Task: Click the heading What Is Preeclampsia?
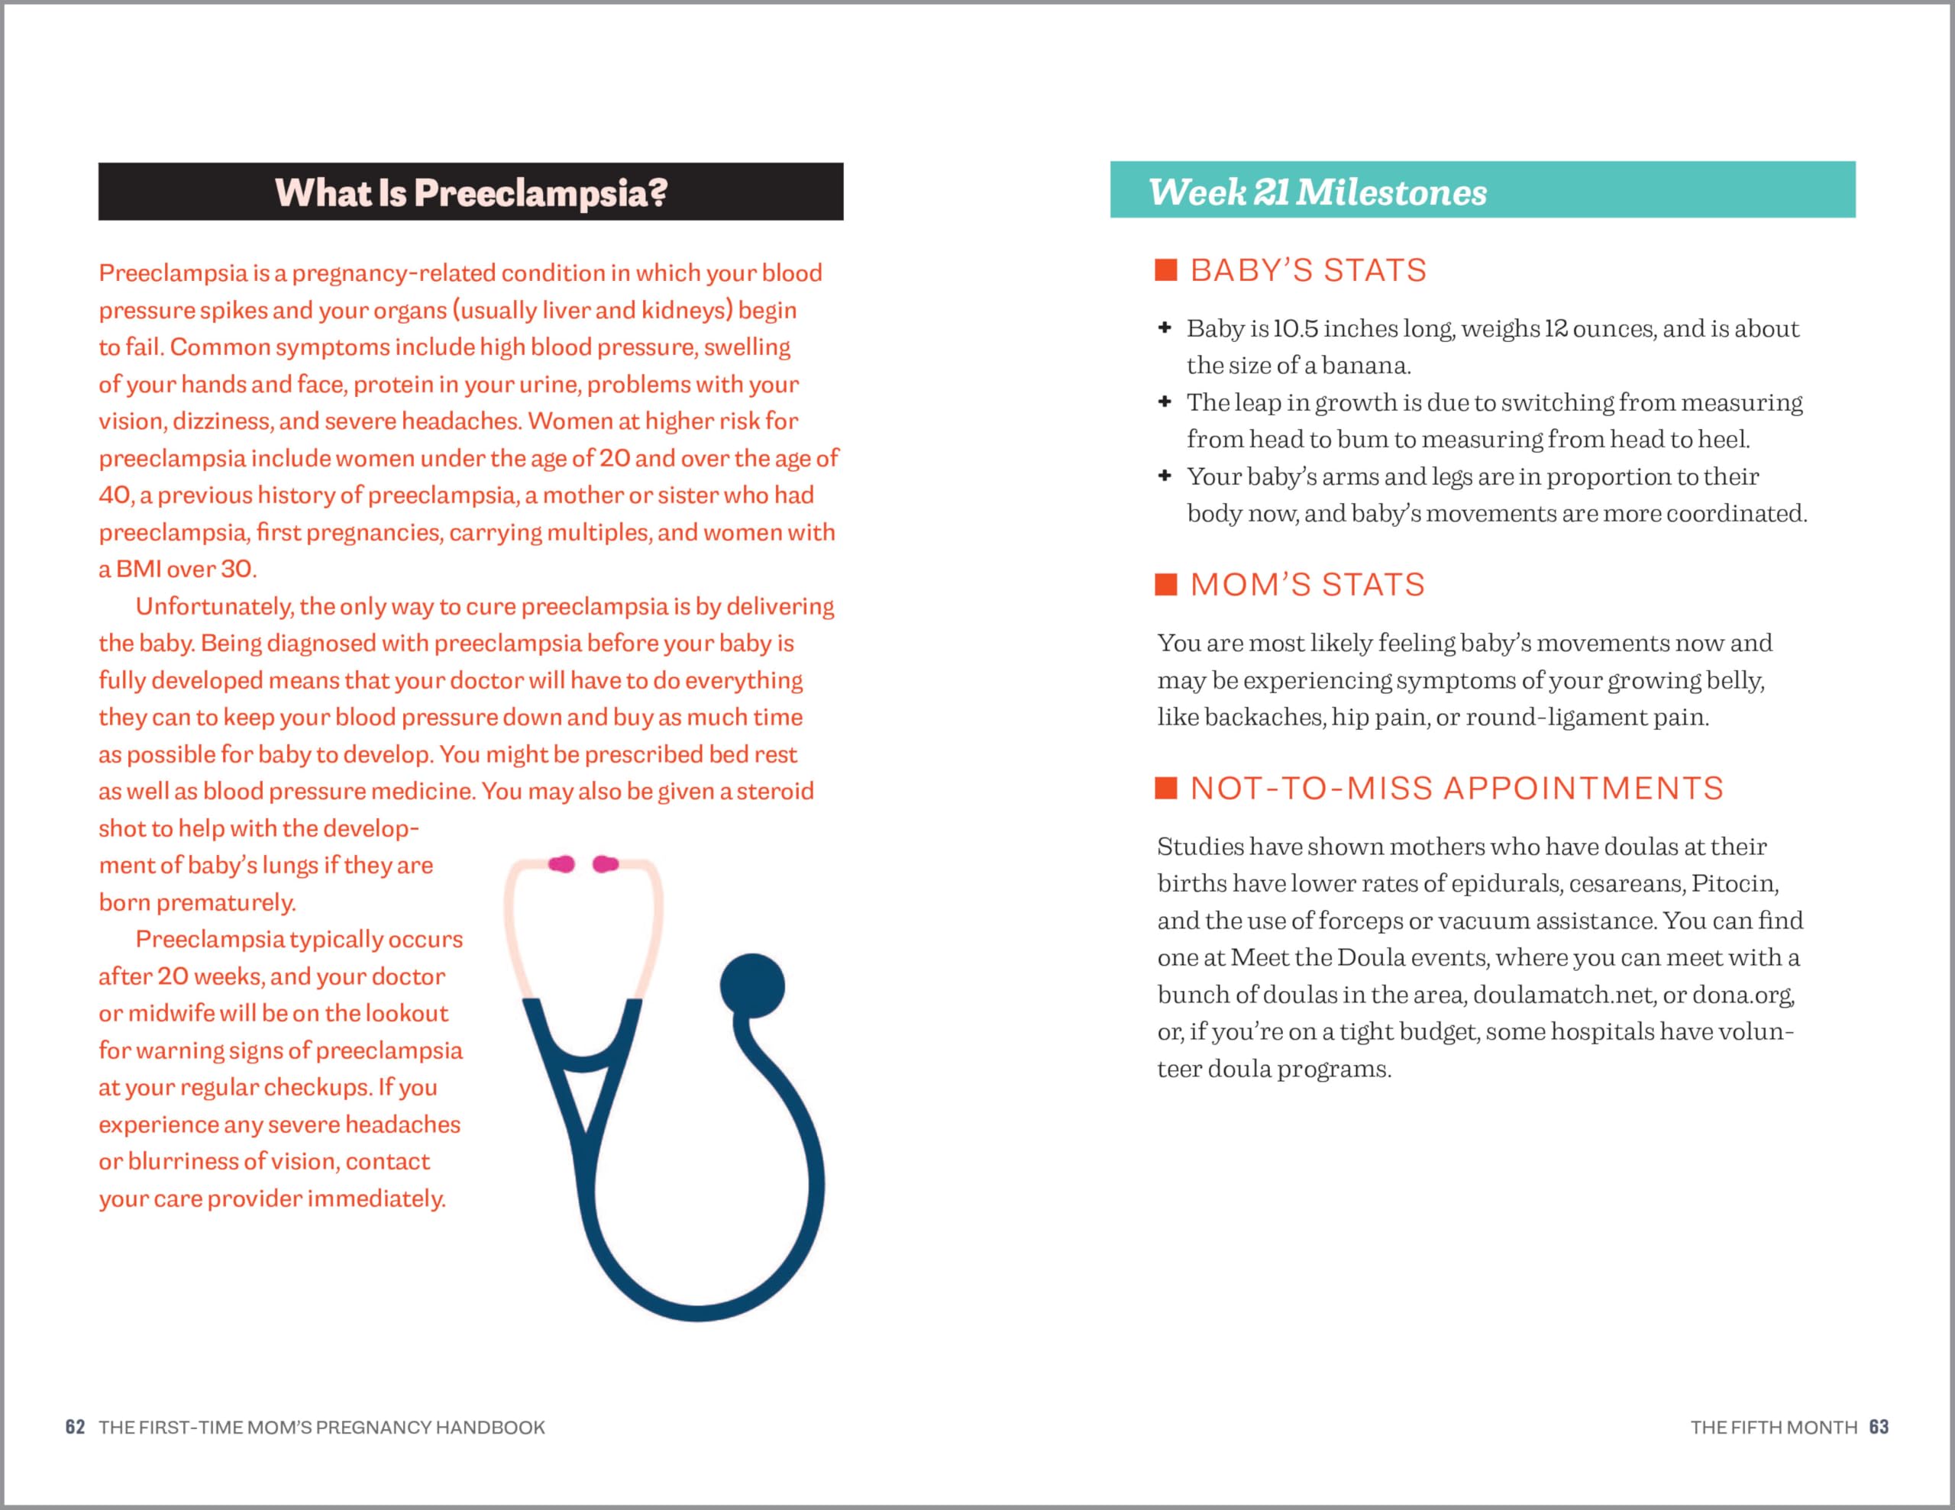point(471,192)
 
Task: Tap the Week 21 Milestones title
point(1317,192)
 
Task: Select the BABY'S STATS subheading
point(1308,270)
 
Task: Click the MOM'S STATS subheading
point(1307,585)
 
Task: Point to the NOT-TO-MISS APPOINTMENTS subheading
point(1456,789)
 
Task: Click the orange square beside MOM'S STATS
point(1165,585)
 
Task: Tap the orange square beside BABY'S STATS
point(1165,270)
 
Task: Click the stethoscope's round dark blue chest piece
point(752,986)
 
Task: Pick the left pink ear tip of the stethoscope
point(562,863)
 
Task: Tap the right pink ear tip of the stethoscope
point(606,863)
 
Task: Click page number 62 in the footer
point(75,1427)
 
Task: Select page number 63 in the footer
point(1878,1427)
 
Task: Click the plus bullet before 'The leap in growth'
point(1165,402)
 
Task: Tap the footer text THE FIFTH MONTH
point(1773,1427)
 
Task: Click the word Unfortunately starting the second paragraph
point(214,607)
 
